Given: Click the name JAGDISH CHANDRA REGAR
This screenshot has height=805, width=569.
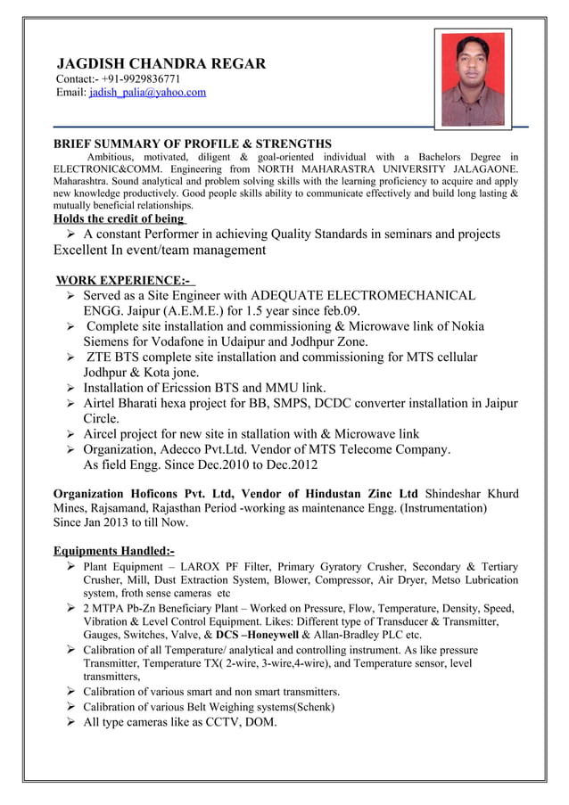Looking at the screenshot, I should click(161, 64).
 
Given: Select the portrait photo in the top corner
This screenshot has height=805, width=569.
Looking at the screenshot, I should click(473, 79).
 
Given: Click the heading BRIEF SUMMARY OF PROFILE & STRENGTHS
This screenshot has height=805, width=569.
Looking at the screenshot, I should click(193, 144).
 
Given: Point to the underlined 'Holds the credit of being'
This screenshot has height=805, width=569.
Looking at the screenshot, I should click(120, 219).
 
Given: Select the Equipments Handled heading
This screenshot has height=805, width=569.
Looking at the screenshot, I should click(114, 551).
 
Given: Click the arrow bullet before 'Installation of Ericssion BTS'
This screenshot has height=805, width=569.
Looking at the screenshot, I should click(70, 388).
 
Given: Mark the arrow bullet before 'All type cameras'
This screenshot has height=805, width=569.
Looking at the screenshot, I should click(70, 723).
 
